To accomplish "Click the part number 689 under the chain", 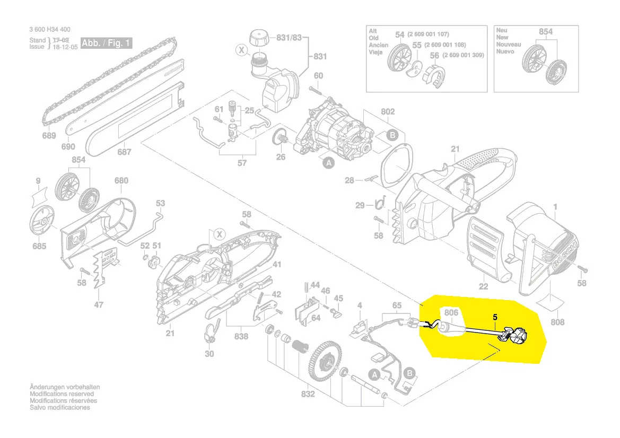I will click(49, 136).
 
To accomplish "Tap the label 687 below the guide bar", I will click(124, 152).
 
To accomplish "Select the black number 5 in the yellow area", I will click(495, 317).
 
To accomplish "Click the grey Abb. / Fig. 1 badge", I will click(106, 43).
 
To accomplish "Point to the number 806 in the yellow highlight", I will click(451, 313).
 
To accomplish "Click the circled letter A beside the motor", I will click(329, 164).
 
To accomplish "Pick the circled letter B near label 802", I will click(392, 135).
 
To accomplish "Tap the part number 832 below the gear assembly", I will click(308, 394).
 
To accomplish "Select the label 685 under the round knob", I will click(39, 246).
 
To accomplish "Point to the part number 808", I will click(557, 322).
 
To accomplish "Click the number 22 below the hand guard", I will click(483, 286).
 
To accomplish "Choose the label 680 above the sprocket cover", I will click(121, 180).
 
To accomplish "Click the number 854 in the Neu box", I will click(545, 32).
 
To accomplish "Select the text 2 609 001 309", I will click(462, 55).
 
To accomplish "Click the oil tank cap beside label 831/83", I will click(259, 39).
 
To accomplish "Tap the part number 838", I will click(241, 337).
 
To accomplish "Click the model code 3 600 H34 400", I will click(50, 30).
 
